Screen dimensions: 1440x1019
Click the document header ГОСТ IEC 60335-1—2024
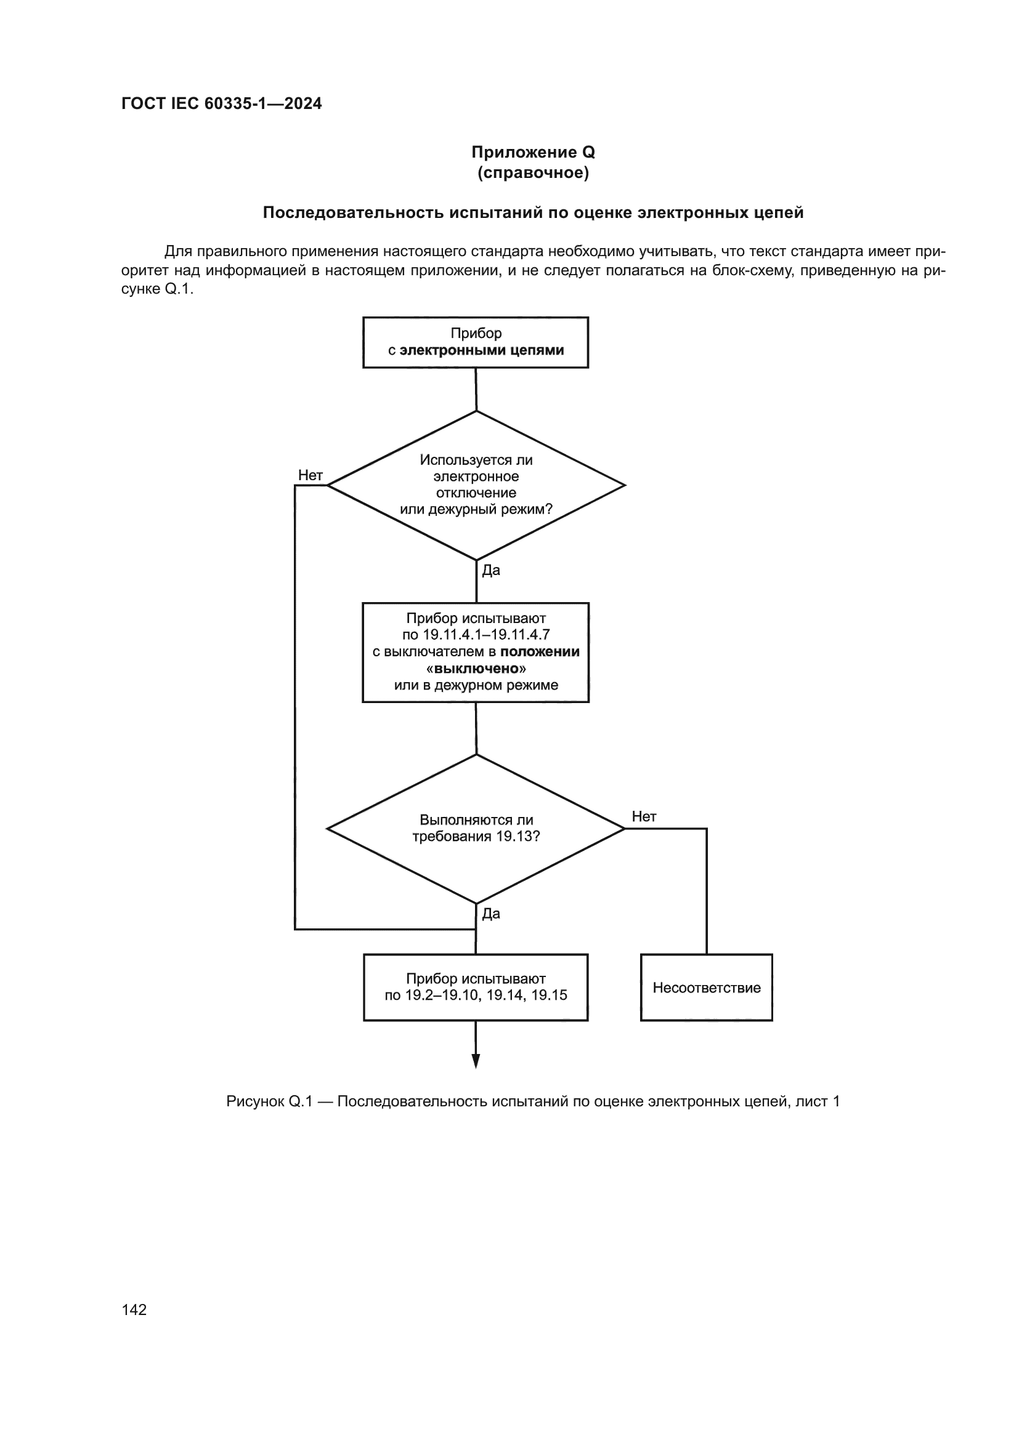coord(222,104)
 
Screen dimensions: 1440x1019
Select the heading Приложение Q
coord(533,153)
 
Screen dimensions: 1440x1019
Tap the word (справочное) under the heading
coord(533,172)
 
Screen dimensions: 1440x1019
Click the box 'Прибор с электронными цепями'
coord(476,342)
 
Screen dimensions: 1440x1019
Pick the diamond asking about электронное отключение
coord(476,485)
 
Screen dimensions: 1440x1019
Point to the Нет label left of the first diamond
coord(310,475)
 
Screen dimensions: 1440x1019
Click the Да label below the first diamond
coord(490,570)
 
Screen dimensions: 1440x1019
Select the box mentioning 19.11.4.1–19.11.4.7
coord(476,652)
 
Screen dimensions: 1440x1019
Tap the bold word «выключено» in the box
coord(476,669)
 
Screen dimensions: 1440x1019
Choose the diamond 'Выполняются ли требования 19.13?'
coord(476,828)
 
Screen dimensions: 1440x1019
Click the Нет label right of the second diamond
coord(644,816)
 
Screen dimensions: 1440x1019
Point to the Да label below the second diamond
coord(490,914)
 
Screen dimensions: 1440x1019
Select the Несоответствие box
coord(707,987)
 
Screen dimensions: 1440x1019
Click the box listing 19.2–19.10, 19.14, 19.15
coord(476,987)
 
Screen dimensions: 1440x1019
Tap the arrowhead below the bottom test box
coord(476,1060)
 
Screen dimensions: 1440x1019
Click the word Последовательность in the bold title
coord(352,213)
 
